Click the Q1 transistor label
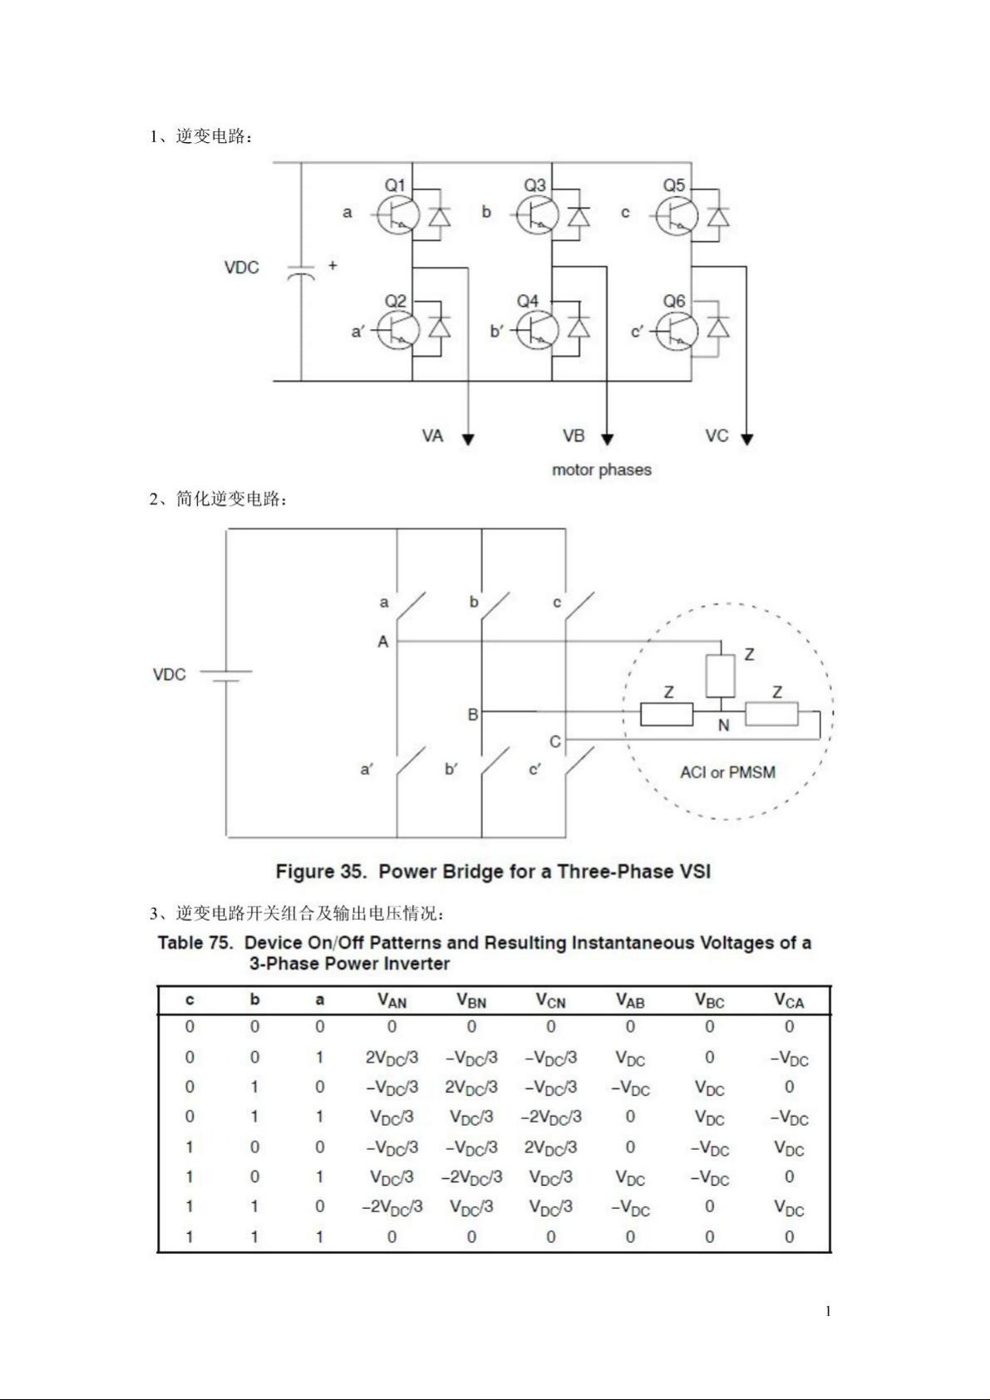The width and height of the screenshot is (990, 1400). (395, 185)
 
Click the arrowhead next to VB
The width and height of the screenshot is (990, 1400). (607, 439)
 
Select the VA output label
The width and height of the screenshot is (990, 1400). (432, 435)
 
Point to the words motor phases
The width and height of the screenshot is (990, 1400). (601, 470)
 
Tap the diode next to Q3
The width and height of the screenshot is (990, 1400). (579, 217)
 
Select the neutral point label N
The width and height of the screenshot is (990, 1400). (723, 725)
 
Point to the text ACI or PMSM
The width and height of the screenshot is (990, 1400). (727, 773)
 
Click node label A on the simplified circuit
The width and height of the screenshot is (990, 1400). (382, 642)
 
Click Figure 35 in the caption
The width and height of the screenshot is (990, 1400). (321, 872)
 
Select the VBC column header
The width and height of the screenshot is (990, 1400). (709, 1000)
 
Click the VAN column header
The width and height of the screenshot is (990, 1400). (392, 1000)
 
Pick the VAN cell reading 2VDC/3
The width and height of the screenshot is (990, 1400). (392, 1058)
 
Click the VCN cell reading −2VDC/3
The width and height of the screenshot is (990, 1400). (551, 1117)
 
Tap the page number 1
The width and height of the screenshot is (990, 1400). (828, 1311)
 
